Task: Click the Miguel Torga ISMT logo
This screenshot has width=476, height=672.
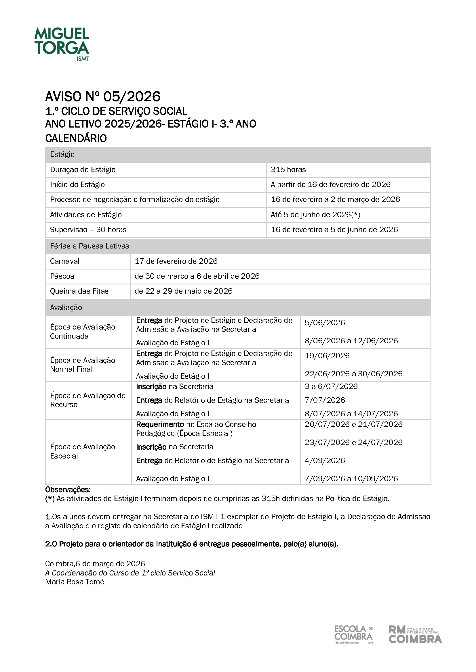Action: pos(62,44)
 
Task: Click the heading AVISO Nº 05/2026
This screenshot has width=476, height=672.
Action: pos(102,97)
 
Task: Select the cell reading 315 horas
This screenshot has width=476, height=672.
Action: pos(288,170)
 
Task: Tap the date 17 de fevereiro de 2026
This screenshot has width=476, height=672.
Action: pos(176,261)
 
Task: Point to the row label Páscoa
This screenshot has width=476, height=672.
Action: pos(62,276)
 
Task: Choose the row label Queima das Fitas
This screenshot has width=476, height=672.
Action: pos(79,291)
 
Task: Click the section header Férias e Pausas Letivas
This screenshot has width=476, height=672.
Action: pos(90,246)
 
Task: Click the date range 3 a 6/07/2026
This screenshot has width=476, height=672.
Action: pos(331,386)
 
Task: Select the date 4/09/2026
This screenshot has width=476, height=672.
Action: pos(325,461)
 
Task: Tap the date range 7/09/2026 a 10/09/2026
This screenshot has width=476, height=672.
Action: pos(351,479)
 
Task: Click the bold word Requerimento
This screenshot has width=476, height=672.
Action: pos(160,424)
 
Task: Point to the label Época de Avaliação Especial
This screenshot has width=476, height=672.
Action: pos(82,451)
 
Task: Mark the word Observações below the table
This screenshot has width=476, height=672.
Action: pos(68,490)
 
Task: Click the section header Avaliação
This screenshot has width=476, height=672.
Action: pos(66,308)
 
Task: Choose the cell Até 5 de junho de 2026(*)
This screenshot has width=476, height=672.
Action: pos(315,215)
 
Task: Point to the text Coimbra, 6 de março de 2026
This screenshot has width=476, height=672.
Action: pos(95,564)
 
